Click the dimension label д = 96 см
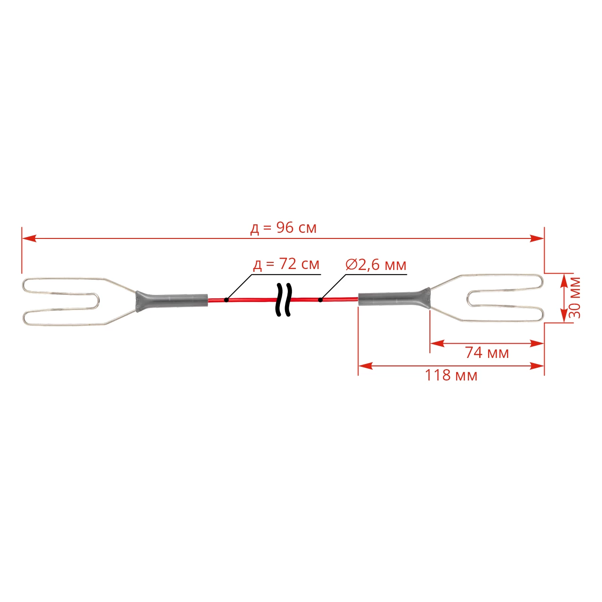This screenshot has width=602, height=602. coord(283,228)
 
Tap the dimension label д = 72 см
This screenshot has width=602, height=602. coord(286,264)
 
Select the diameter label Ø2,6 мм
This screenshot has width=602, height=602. coord(376,265)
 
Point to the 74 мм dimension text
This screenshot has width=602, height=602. coord(487,353)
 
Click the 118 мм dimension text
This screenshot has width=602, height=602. coord(451,375)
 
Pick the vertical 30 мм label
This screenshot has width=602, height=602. coord(574,298)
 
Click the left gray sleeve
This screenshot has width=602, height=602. coord(172,301)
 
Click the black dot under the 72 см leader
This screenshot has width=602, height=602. coord(227,300)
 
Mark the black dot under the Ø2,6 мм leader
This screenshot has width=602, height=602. coord(320,300)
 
